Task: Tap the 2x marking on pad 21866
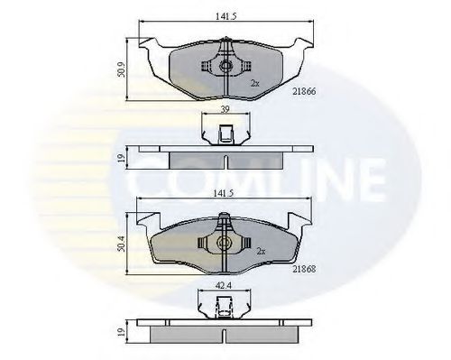coord(255,83)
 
